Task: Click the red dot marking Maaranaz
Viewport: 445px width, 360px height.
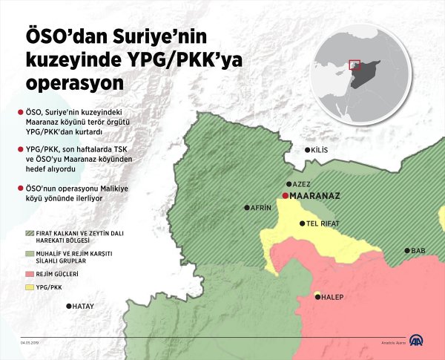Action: (x=285, y=196)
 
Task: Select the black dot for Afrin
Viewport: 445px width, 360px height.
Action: (x=247, y=209)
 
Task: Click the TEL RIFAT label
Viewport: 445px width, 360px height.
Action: (x=323, y=223)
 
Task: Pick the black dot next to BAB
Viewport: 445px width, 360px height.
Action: (x=406, y=251)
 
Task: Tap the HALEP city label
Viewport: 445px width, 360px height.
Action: (x=332, y=297)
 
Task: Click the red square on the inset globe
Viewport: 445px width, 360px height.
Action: (x=355, y=65)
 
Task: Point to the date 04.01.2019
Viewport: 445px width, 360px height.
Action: (x=30, y=343)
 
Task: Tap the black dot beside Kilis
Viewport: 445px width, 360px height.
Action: (x=308, y=150)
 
